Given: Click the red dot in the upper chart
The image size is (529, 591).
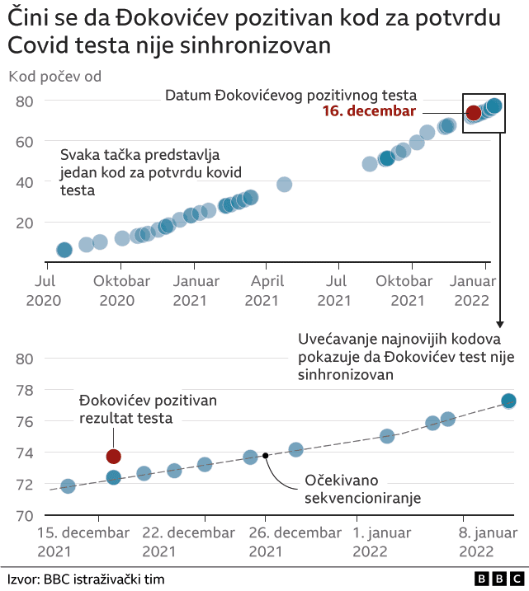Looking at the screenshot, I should point(474,113).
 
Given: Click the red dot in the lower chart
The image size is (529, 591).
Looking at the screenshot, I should point(114,456).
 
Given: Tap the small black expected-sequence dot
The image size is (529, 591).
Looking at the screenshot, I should point(265,455).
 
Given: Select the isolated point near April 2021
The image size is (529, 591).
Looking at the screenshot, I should point(284,185).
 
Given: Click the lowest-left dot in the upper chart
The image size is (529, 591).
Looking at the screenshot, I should point(64,250).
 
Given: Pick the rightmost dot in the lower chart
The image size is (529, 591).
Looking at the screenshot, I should point(508,401).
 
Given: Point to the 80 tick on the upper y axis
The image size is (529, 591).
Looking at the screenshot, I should point(24,101).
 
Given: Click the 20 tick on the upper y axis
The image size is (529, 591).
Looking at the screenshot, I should point(24,223).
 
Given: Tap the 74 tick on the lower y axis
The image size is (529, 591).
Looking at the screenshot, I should point(24,453).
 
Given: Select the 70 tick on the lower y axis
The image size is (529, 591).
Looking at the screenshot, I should point(24,516).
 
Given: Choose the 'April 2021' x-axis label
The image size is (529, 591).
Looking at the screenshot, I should point(266,289).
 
